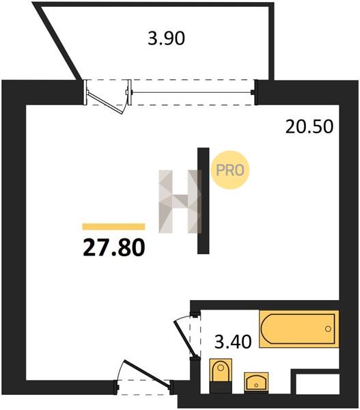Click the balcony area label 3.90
[x=166, y=38]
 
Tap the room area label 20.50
[x=309, y=126]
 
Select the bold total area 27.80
[x=113, y=248]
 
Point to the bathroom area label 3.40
[x=233, y=342]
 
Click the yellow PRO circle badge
[x=230, y=170]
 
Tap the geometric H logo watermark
[x=180, y=202]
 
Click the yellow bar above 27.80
[x=113, y=226]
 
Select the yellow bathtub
[x=299, y=329]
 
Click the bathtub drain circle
[x=328, y=329]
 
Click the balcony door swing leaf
[x=105, y=102]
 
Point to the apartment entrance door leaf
[x=147, y=373]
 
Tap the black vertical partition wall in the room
[x=203, y=201]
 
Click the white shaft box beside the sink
[x=318, y=383]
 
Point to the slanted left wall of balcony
[x=58, y=42]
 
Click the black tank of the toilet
[x=221, y=387]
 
